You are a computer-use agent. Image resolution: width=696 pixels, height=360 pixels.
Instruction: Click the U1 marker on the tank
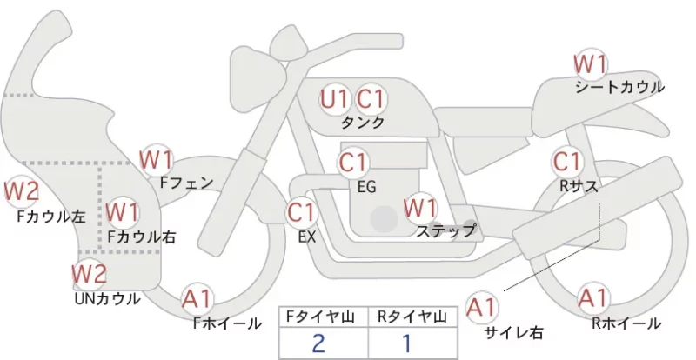334,99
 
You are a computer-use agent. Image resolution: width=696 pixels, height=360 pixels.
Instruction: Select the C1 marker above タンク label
371,99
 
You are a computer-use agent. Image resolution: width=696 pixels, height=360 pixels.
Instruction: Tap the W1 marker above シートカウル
590,64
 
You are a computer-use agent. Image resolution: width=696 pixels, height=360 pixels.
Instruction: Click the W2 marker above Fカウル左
21,191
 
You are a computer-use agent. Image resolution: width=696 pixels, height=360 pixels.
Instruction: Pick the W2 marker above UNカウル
90,274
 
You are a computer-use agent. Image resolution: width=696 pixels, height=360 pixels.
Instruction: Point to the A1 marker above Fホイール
197,300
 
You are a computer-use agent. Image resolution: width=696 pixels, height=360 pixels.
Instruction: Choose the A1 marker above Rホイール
593,298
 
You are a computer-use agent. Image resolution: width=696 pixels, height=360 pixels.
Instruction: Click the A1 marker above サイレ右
482,308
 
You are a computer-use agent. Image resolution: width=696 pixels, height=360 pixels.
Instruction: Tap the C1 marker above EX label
301,213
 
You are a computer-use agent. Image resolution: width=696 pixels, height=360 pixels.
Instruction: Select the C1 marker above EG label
353,163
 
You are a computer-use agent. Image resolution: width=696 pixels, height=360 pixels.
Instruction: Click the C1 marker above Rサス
567,162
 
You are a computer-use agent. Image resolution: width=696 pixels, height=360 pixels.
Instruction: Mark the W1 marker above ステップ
420,208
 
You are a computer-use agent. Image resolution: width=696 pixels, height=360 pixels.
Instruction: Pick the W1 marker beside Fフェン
156,160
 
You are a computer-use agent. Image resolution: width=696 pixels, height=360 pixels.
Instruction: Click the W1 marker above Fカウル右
123,212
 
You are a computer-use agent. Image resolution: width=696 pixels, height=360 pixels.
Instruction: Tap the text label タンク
362,122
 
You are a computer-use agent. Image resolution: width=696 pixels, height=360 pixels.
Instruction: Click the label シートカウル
619,87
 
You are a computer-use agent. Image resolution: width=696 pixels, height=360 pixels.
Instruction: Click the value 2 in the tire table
318,343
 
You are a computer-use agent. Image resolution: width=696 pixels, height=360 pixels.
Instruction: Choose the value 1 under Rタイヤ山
406,343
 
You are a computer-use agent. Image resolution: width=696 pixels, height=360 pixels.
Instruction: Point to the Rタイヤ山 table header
412,317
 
